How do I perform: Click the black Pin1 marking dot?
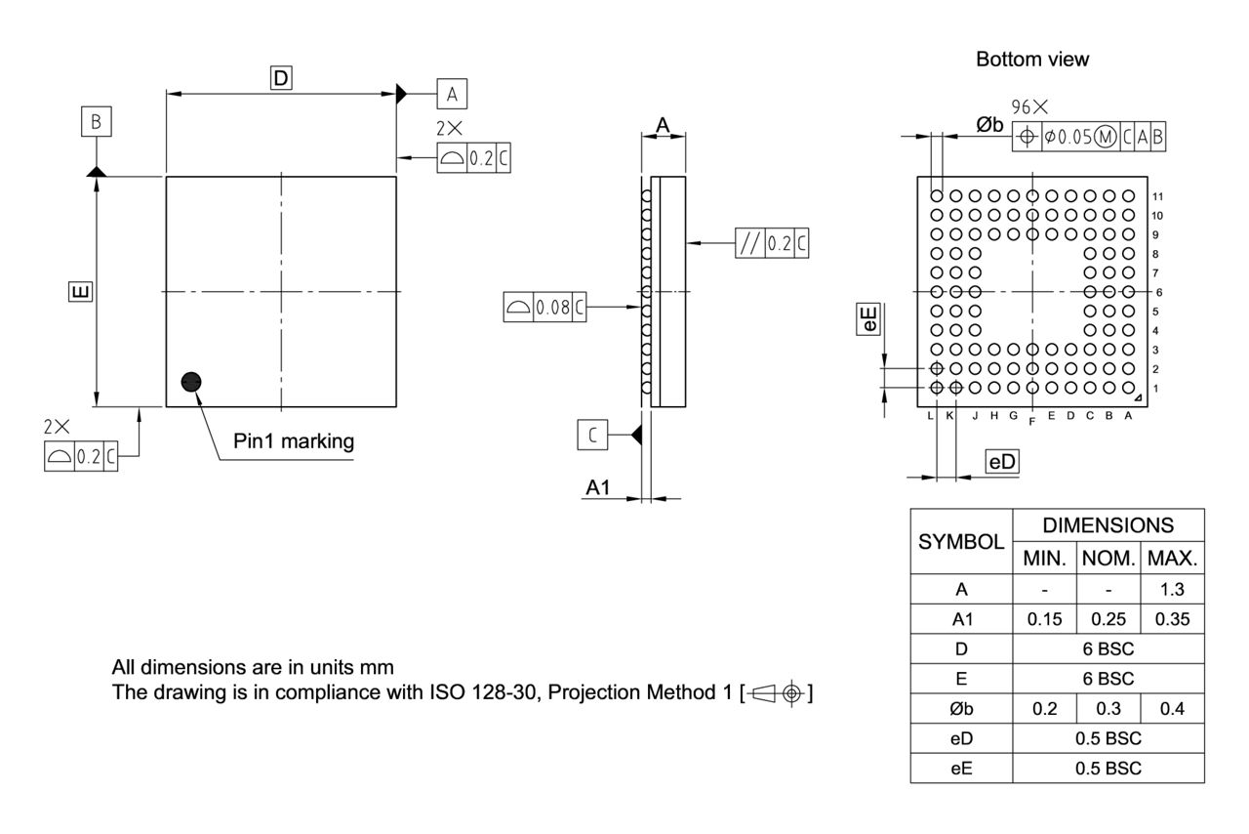191,381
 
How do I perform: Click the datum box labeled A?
451,94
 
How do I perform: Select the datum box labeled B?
97,122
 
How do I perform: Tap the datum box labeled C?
593,434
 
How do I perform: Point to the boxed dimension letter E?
82,291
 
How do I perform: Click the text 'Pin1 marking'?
294,441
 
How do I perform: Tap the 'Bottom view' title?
1032,60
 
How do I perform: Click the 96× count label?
1029,106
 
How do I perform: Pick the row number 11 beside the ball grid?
1157,196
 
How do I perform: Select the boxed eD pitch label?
1002,463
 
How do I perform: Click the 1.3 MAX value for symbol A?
1172,590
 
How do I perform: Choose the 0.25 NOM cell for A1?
1108,620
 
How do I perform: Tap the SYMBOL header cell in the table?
961,541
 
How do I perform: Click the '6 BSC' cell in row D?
1108,649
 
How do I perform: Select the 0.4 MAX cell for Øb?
1172,709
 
